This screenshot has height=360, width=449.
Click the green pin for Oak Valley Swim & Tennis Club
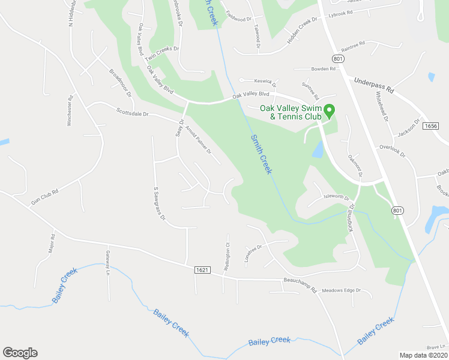tap(329, 111)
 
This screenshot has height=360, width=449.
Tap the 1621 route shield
tap(202, 271)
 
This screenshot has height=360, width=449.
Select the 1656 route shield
tap(430, 126)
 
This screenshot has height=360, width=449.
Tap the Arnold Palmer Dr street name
tap(200, 139)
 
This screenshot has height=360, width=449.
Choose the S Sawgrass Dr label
tap(158, 203)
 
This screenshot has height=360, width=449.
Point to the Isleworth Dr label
tap(336, 197)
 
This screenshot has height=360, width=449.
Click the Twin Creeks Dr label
tap(160, 55)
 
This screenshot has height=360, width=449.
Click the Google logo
tap(20, 353)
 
